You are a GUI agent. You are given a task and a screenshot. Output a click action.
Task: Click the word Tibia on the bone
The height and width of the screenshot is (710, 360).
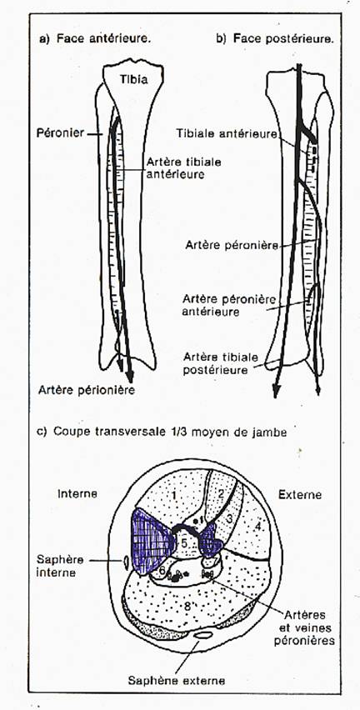tap(133, 79)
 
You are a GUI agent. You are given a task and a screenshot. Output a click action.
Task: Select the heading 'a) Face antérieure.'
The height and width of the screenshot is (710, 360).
tap(95, 39)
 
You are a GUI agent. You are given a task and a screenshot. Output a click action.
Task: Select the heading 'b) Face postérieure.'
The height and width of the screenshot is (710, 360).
tap(275, 39)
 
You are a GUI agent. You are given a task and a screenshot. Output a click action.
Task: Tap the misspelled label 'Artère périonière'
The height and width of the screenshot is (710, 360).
tap(87, 389)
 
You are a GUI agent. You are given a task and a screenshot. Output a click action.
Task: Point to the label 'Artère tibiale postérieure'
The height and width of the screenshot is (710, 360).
tap(215, 363)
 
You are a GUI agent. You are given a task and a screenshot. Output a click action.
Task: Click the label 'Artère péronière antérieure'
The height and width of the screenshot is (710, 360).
tap(229, 306)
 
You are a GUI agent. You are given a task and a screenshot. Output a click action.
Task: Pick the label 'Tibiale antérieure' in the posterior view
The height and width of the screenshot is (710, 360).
tap(227, 133)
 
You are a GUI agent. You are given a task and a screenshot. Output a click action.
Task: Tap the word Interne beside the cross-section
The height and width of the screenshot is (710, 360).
tap(77, 493)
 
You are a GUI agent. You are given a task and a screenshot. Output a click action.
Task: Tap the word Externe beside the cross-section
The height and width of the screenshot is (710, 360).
tap(300, 494)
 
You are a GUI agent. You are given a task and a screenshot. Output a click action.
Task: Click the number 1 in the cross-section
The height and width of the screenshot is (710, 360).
tap(174, 495)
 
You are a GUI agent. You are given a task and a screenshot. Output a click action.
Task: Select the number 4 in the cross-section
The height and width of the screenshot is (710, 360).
tap(257, 526)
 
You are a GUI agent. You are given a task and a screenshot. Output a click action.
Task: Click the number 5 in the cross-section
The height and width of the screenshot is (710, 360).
tap(184, 542)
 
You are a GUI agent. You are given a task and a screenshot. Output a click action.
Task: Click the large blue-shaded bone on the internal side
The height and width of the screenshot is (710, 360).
tap(151, 541)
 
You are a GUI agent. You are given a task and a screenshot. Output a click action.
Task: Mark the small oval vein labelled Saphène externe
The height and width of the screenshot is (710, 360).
tap(202, 635)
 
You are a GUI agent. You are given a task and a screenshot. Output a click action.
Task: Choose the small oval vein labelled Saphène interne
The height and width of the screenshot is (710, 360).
tap(125, 562)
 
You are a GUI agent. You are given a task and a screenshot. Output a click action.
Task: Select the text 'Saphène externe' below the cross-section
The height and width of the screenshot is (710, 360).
tap(176, 680)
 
